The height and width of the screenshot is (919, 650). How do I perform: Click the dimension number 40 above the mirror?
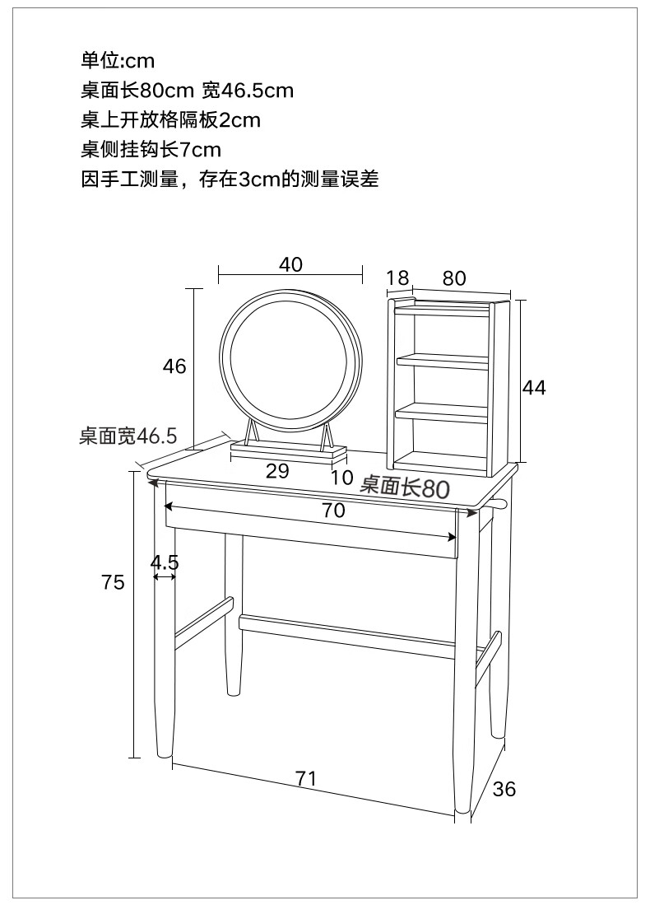(x=290, y=264)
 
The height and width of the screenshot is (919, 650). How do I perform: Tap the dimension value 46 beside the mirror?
(x=174, y=366)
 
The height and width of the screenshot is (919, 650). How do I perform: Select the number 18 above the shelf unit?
(x=397, y=278)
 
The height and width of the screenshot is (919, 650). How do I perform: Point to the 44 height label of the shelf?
(x=534, y=387)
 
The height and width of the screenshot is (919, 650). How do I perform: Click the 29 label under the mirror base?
(x=278, y=471)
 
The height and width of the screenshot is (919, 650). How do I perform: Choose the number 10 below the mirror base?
(x=341, y=478)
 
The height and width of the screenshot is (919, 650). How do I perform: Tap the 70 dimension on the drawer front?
(x=332, y=511)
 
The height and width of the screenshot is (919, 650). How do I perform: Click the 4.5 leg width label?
(x=165, y=562)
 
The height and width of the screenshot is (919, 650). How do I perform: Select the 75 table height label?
(x=113, y=582)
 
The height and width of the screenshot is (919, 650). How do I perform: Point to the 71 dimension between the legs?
(x=306, y=778)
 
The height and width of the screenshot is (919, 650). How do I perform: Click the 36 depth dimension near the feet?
(x=504, y=789)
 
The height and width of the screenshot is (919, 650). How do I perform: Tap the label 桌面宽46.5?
(x=128, y=436)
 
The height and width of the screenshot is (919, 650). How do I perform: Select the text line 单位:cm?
(x=118, y=60)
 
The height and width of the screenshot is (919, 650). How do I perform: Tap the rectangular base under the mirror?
(x=288, y=451)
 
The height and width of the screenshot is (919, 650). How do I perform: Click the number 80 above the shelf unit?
(x=454, y=278)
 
